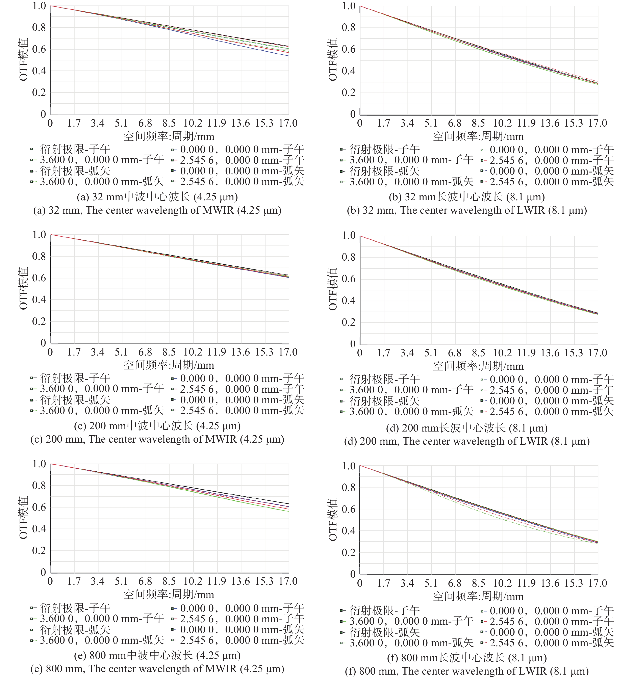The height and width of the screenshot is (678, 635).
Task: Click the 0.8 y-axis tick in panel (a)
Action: [x=39, y=28]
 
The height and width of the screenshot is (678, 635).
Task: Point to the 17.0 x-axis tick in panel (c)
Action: [x=288, y=352]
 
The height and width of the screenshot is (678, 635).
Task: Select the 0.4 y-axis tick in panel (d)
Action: [x=349, y=301]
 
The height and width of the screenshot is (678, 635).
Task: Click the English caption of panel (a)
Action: [x=157, y=210]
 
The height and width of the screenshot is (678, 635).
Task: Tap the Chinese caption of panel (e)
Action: [x=157, y=655]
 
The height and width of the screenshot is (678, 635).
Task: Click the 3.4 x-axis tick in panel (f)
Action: [x=407, y=583]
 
